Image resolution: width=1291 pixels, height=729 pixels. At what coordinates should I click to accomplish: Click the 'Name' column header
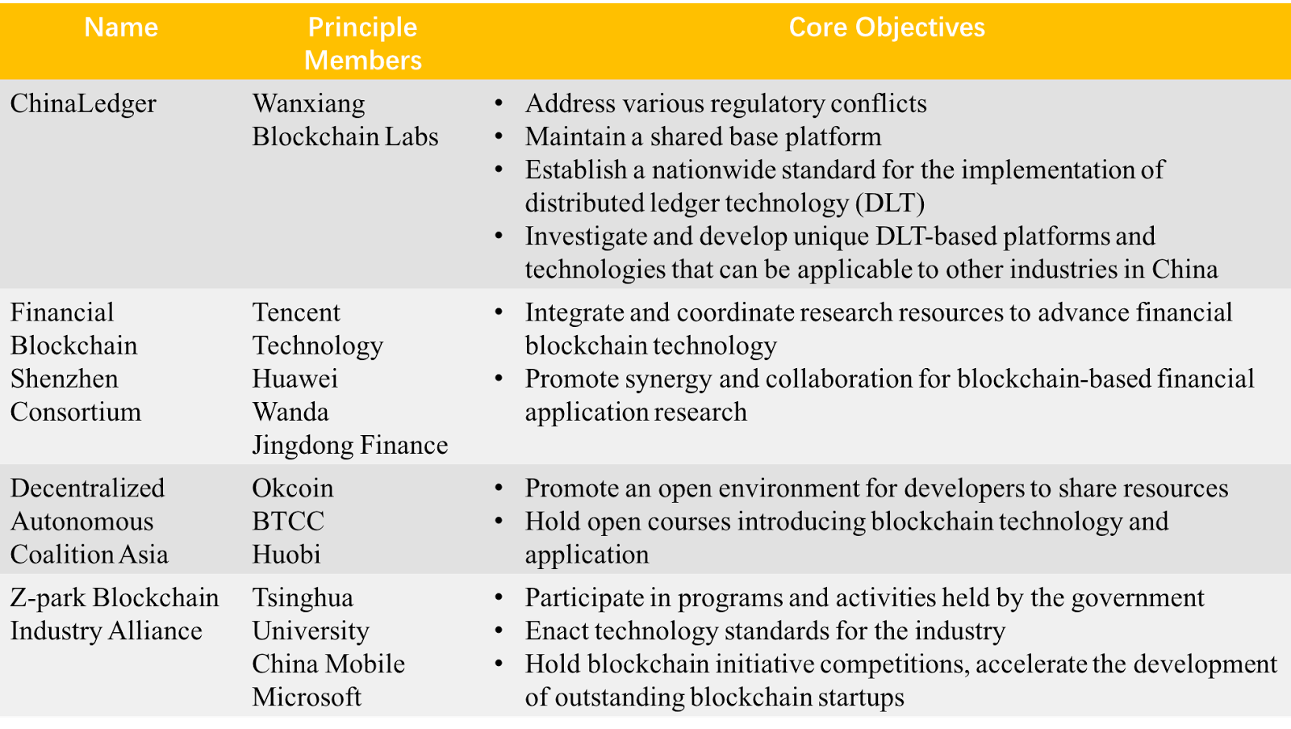point(121,27)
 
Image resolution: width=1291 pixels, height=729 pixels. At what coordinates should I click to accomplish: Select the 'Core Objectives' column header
point(887,27)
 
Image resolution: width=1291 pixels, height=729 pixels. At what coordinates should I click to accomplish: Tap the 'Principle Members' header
point(362,44)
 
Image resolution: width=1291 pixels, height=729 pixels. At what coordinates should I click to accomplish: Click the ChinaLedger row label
point(83,104)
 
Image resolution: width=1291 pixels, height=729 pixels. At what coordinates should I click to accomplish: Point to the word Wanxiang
point(308,104)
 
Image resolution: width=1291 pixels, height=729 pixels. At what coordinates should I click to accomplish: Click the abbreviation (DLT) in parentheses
point(890,203)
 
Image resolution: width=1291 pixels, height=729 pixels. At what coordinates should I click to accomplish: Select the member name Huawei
point(295,379)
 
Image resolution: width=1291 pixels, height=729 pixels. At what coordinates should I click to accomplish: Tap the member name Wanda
point(290,412)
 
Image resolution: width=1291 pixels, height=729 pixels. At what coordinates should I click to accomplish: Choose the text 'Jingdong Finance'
point(350,446)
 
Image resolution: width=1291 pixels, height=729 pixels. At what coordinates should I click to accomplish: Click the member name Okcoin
point(293,488)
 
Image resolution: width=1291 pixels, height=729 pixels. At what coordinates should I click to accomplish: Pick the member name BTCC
point(288,522)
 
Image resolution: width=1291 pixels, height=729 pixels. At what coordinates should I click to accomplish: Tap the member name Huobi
point(286,555)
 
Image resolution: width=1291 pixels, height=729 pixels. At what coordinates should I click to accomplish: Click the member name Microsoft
point(307,697)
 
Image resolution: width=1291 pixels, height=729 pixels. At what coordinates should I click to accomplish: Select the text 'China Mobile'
point(328,664)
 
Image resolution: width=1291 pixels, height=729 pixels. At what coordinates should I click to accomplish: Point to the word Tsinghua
point(303,598)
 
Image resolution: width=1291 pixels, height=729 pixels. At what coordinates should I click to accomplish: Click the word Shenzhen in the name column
point(64,379)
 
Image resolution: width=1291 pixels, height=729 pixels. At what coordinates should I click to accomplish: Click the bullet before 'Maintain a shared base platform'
point(499,136)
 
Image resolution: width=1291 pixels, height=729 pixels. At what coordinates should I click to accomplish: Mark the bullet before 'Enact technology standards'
point(499,631)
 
